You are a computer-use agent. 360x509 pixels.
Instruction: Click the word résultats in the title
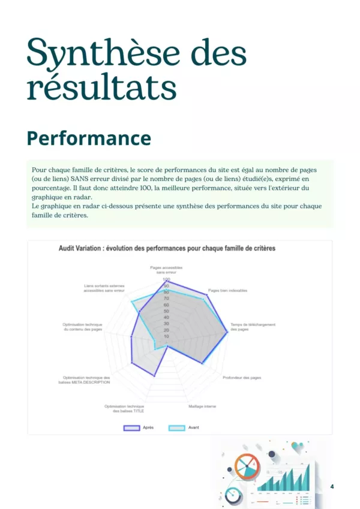(101, 88)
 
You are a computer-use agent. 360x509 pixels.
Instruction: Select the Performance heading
(89, 138)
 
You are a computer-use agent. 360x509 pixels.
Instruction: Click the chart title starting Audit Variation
(167, 248)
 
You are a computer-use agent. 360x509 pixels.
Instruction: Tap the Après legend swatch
(131, 427)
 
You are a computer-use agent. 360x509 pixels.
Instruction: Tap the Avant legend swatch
(177, 427)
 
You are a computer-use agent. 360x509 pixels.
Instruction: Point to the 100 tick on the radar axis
(166, 280)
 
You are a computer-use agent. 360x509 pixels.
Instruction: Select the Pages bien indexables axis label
(223, 290)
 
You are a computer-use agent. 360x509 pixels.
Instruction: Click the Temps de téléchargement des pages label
(253, 327)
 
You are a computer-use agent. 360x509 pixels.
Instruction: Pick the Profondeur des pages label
(242, 378)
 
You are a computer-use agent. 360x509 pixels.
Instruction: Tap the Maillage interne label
(202, 406)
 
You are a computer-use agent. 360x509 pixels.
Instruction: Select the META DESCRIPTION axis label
(84, 380)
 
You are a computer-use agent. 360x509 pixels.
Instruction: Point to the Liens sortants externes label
(104, 288)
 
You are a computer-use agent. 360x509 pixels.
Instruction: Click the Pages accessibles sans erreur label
(166, 270)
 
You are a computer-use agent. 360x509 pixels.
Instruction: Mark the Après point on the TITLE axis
(155, 376)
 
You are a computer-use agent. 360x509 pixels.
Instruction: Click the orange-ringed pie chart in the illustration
(247, 466)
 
